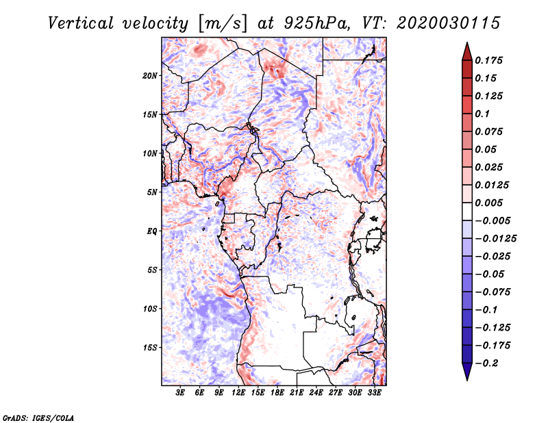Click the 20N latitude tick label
(x=150, y=76)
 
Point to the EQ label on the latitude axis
(x=152, y=231)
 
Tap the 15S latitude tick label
(x=150, y=348)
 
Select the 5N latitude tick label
(x=152, y=192)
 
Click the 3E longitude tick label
(x=180, y=393)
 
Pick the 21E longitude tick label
(x=297, y=393)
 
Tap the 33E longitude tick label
(x=374, y=393)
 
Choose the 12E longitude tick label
(x=238, y=393)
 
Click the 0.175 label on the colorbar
(x=488, y=60)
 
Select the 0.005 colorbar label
(x=488, y=203)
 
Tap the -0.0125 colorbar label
(x=495, y=239)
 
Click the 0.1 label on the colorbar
(x=482, y=114)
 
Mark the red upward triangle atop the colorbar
(x=467, y=51)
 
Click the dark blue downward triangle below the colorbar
(x=467, y=372)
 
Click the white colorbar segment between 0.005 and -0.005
(x=467, y=211)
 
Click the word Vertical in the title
(x=81, y=23)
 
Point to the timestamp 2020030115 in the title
(x=449, y=23)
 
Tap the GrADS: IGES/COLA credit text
(x=38, y=418)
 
